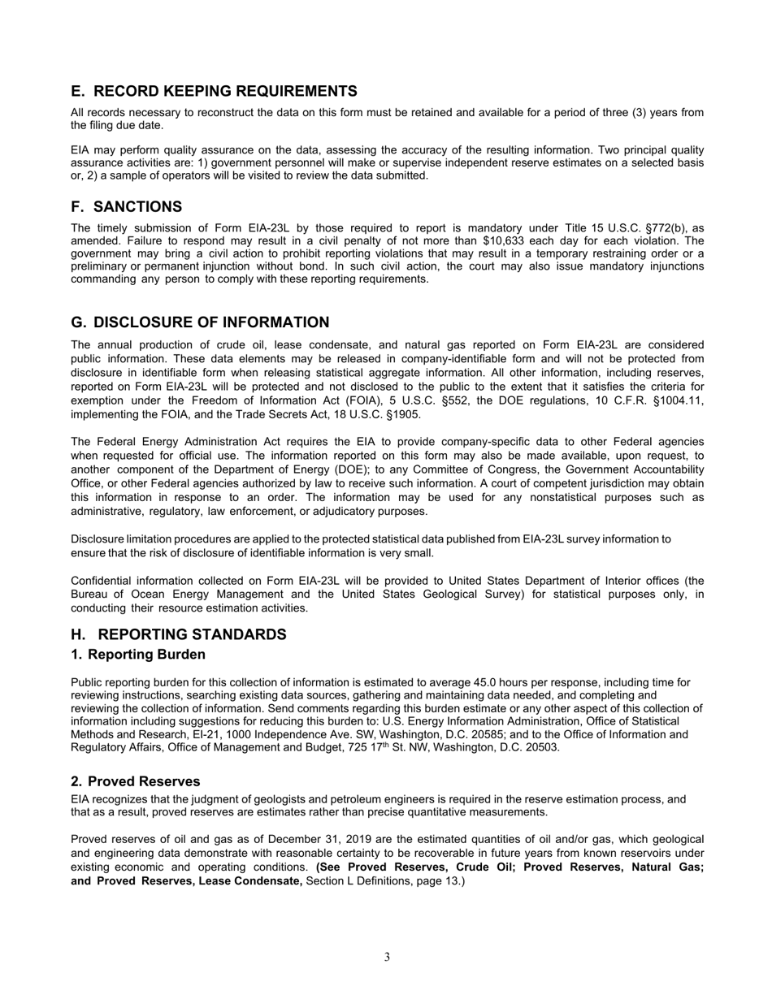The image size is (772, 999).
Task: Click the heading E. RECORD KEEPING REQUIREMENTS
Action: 214,91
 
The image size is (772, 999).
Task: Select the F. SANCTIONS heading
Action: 126,207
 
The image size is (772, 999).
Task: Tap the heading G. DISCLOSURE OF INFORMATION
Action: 200,322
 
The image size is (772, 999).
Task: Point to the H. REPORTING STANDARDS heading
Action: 178,634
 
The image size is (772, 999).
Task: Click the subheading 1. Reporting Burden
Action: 138,655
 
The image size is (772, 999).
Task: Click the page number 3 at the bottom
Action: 387,957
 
